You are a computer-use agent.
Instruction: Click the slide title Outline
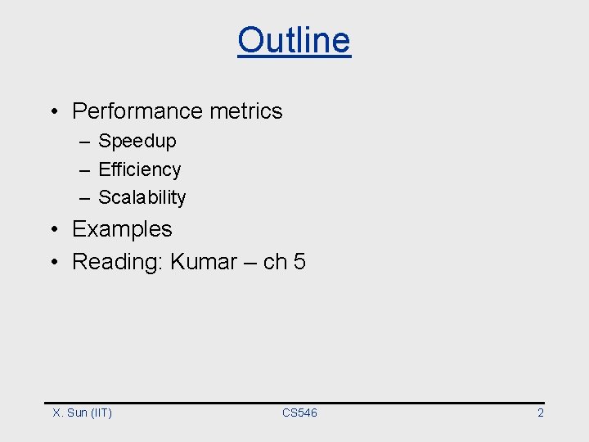click(x=294, y=39)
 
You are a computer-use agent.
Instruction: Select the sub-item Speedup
click(x=137, y=141)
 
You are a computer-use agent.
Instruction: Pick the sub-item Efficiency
click(x=139, y=169)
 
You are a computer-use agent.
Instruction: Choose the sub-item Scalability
click(x=142, y=197)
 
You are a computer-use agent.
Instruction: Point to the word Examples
click(x=122, y=229)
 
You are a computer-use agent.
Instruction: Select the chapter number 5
click(x=299, y=262)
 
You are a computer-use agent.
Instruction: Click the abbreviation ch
click(x=275, y=262)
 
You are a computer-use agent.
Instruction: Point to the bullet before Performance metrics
click(x=52, y=112)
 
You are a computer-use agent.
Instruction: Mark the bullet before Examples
click(x=52, y=230)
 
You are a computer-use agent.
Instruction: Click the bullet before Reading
click(x=52, y=263)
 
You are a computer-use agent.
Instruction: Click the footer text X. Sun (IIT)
click(x=82, y=413)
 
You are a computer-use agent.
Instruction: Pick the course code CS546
click(x=299, y=413)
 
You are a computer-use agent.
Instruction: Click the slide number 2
click(x=540, y=413)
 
